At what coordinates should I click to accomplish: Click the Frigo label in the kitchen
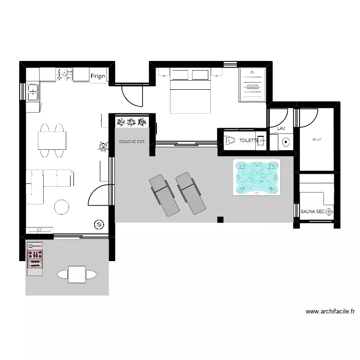click(x=98, y=76)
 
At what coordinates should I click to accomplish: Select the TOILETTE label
click(x=249, y=141)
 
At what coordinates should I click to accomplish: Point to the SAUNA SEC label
click(x=312, y=211)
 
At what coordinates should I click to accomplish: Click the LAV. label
click(x=281, y=129)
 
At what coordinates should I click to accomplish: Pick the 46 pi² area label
click(x=316, y=140)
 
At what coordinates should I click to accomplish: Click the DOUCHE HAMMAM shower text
click(x=252, y=87)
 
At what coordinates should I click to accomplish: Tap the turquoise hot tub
click(x=257, y=178)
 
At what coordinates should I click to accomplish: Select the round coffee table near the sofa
click(x=62, y=207)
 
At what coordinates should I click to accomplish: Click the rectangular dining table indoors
click(x=52, y=140)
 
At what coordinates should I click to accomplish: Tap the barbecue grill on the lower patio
click(x=35, y=258)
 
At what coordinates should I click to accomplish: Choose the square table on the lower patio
click(x=76, y=274)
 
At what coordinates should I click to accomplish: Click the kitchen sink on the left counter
click(x=33, y=92)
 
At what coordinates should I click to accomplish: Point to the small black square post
click(x=220, y=220)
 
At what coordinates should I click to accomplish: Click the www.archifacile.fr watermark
click(x=330, y=312)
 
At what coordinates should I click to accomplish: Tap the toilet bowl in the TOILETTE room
click(x=228, y=140)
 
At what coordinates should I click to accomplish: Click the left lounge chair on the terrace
click(x=164, y=194)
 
